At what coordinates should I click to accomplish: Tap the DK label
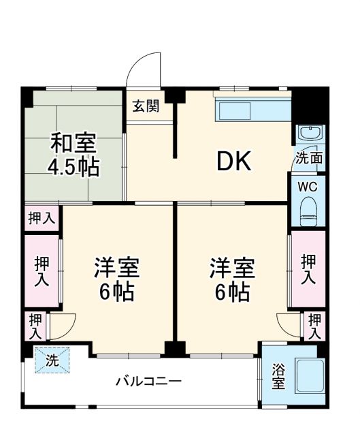235,161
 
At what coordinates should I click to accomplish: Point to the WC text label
308,185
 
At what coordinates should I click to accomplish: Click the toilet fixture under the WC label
308,209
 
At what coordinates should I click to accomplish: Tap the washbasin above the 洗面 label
308,133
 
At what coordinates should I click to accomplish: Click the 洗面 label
308,157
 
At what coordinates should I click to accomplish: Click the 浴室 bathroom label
279,377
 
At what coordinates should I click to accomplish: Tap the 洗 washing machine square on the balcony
52,360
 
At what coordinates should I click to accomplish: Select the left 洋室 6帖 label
117,280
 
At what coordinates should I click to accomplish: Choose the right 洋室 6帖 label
232,280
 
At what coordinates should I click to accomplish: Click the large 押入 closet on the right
308,269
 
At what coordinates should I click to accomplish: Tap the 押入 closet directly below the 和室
41,218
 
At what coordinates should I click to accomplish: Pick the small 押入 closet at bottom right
314,326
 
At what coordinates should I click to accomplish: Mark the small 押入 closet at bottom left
35,327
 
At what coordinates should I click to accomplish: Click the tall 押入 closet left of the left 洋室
41,270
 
